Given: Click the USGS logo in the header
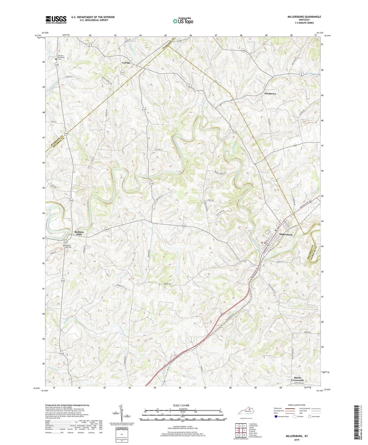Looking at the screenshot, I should [x=56, y=20].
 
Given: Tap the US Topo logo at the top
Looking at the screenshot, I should [x=183, y=21].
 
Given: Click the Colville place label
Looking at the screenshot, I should [x=126, y=63].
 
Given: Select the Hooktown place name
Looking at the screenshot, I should [x=270, y=94].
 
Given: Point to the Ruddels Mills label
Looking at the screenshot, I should [x=79, y=233].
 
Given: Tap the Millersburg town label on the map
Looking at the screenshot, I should [x=285, y=234].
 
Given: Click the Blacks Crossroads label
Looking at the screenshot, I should [x=297, y=379].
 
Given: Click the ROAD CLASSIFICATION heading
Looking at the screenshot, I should [x=297, y=405].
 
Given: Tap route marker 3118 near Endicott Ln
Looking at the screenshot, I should [x=152, y=183].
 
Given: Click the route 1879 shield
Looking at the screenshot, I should [x=235, y=132].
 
